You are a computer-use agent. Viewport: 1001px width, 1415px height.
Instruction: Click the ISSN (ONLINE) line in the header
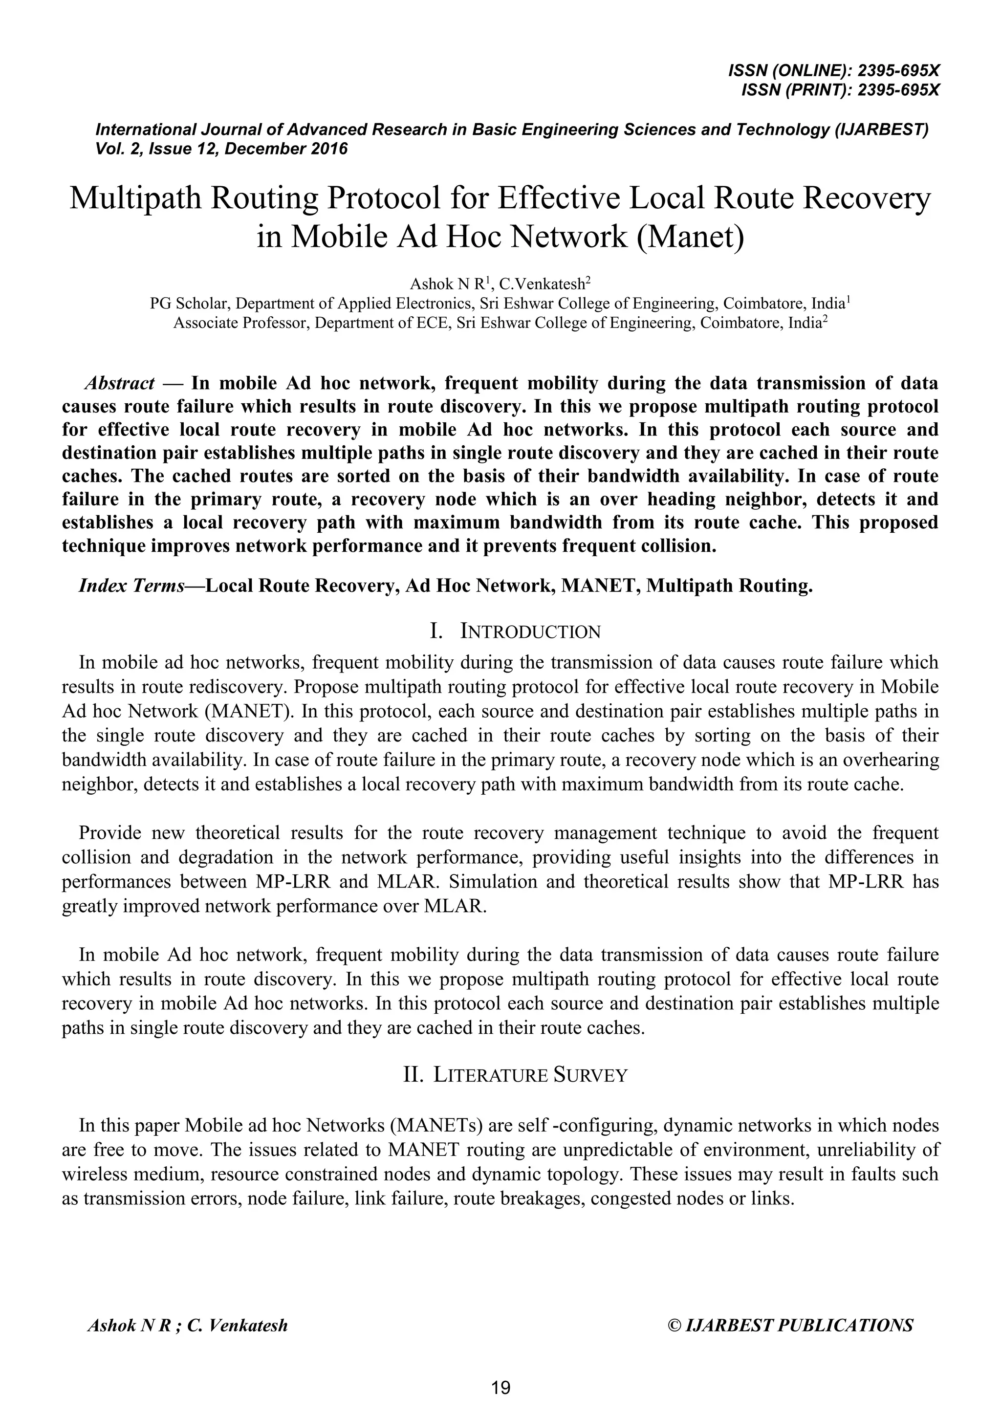pos(833,71)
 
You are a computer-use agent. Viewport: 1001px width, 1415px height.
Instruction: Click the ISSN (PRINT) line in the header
pos(840,90)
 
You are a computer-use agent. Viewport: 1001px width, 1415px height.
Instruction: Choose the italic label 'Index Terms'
pos(131,586)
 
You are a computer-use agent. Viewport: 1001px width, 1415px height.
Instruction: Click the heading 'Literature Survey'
pos(530,1075)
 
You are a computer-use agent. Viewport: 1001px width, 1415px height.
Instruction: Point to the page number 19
pos(500,1388)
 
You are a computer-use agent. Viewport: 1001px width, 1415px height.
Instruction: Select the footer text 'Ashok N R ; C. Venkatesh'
pos(187,1326)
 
